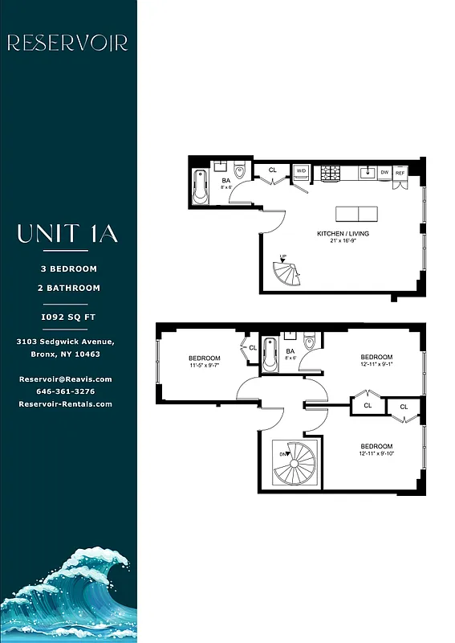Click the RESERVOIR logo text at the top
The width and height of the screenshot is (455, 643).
[x=67, y=43]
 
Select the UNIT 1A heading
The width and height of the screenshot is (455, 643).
[x=67, y=234]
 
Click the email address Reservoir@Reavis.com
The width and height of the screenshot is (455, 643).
[x=65, y=379]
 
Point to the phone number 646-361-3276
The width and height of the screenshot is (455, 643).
[x=65, y=391]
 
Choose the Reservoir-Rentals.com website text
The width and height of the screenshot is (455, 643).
[x=65, y=404]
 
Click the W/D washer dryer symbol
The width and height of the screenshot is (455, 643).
[x=301, y=171]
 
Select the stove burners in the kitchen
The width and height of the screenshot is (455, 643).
[x=331, y=172]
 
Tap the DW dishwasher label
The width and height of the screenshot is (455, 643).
[x=384, y=172]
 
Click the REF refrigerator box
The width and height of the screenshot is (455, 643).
[x=400, y=172]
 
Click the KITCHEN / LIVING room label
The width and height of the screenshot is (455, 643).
[x=343, y=234]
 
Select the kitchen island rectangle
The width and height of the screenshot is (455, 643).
[x=356, y=214]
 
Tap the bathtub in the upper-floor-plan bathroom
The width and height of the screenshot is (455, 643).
[x=200, y=186]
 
